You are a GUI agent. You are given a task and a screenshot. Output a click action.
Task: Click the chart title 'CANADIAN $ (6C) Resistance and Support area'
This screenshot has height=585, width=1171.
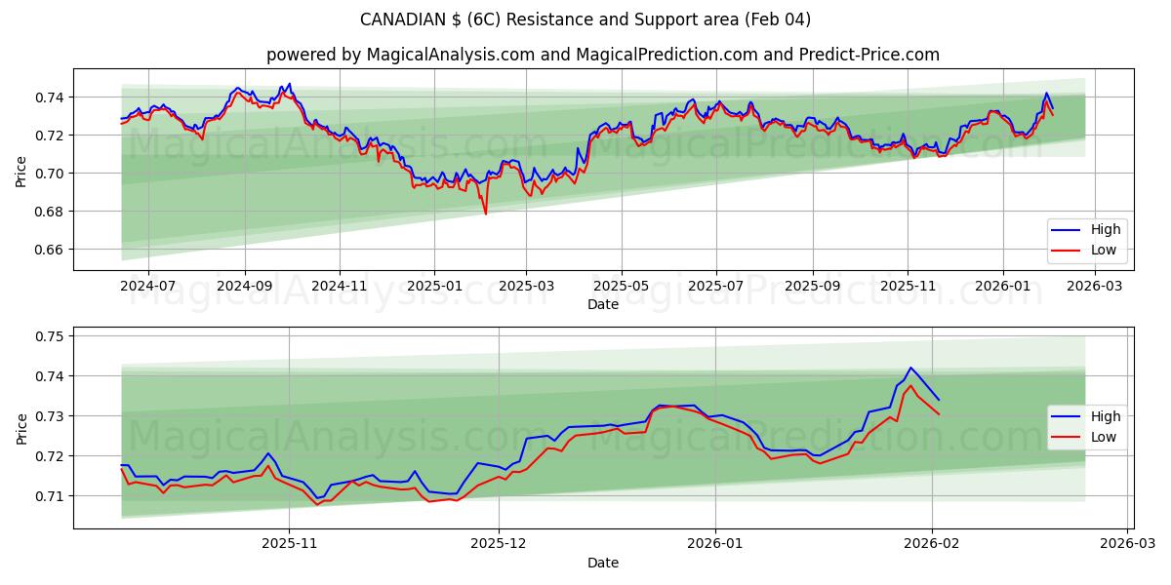[x=585, y=19]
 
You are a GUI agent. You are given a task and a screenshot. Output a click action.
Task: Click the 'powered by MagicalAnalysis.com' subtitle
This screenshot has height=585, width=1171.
[x=602, y=55]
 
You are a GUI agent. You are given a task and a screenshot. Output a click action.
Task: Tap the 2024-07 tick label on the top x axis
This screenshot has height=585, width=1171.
[x=148, y=287]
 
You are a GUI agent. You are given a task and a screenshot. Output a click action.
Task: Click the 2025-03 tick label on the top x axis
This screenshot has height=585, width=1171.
[x=527, y=287]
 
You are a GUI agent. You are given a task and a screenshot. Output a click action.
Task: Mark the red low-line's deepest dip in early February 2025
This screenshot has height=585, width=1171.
[x=485, y=214]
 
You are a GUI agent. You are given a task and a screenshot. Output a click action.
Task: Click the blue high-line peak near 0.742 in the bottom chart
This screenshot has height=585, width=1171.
[x=910, y=368]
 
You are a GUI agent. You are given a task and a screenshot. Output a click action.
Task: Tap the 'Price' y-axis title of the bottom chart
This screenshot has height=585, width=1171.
[x=21, y=429]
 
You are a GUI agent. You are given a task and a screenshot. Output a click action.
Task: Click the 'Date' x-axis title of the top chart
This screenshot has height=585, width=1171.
[x=602, y=304]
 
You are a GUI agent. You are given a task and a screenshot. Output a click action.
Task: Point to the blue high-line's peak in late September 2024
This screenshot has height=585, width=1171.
[x=289, y=84]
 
